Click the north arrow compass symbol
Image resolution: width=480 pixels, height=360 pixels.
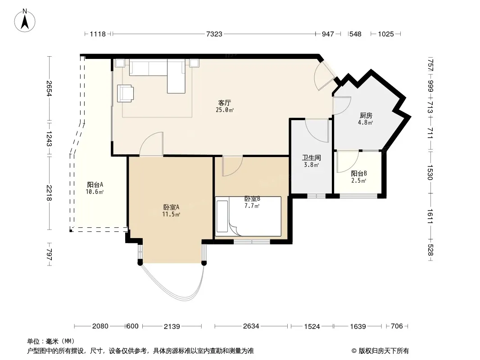25,21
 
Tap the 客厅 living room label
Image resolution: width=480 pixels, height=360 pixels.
224,103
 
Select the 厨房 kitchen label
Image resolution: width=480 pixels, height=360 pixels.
366,115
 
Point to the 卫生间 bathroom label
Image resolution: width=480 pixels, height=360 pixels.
311,157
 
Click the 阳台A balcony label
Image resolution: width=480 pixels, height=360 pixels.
95,184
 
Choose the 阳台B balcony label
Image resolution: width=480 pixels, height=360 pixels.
359,173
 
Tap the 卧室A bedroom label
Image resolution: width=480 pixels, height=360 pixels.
171,207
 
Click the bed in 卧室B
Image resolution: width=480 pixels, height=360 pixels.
248,216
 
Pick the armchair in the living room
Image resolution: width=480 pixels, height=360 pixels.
126,93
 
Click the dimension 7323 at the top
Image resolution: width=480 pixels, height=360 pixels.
214,34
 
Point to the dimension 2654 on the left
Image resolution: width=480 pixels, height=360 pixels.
49,88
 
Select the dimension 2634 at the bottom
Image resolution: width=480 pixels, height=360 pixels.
251,326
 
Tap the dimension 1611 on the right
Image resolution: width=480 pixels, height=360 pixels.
430,216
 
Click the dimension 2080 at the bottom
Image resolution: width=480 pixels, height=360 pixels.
100,326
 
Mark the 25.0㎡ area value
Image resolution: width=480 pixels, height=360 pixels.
225,110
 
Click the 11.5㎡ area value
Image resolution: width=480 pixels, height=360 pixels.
171,214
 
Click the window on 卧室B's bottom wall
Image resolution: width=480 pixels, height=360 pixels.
252,242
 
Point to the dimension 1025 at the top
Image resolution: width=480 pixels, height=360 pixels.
386,34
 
